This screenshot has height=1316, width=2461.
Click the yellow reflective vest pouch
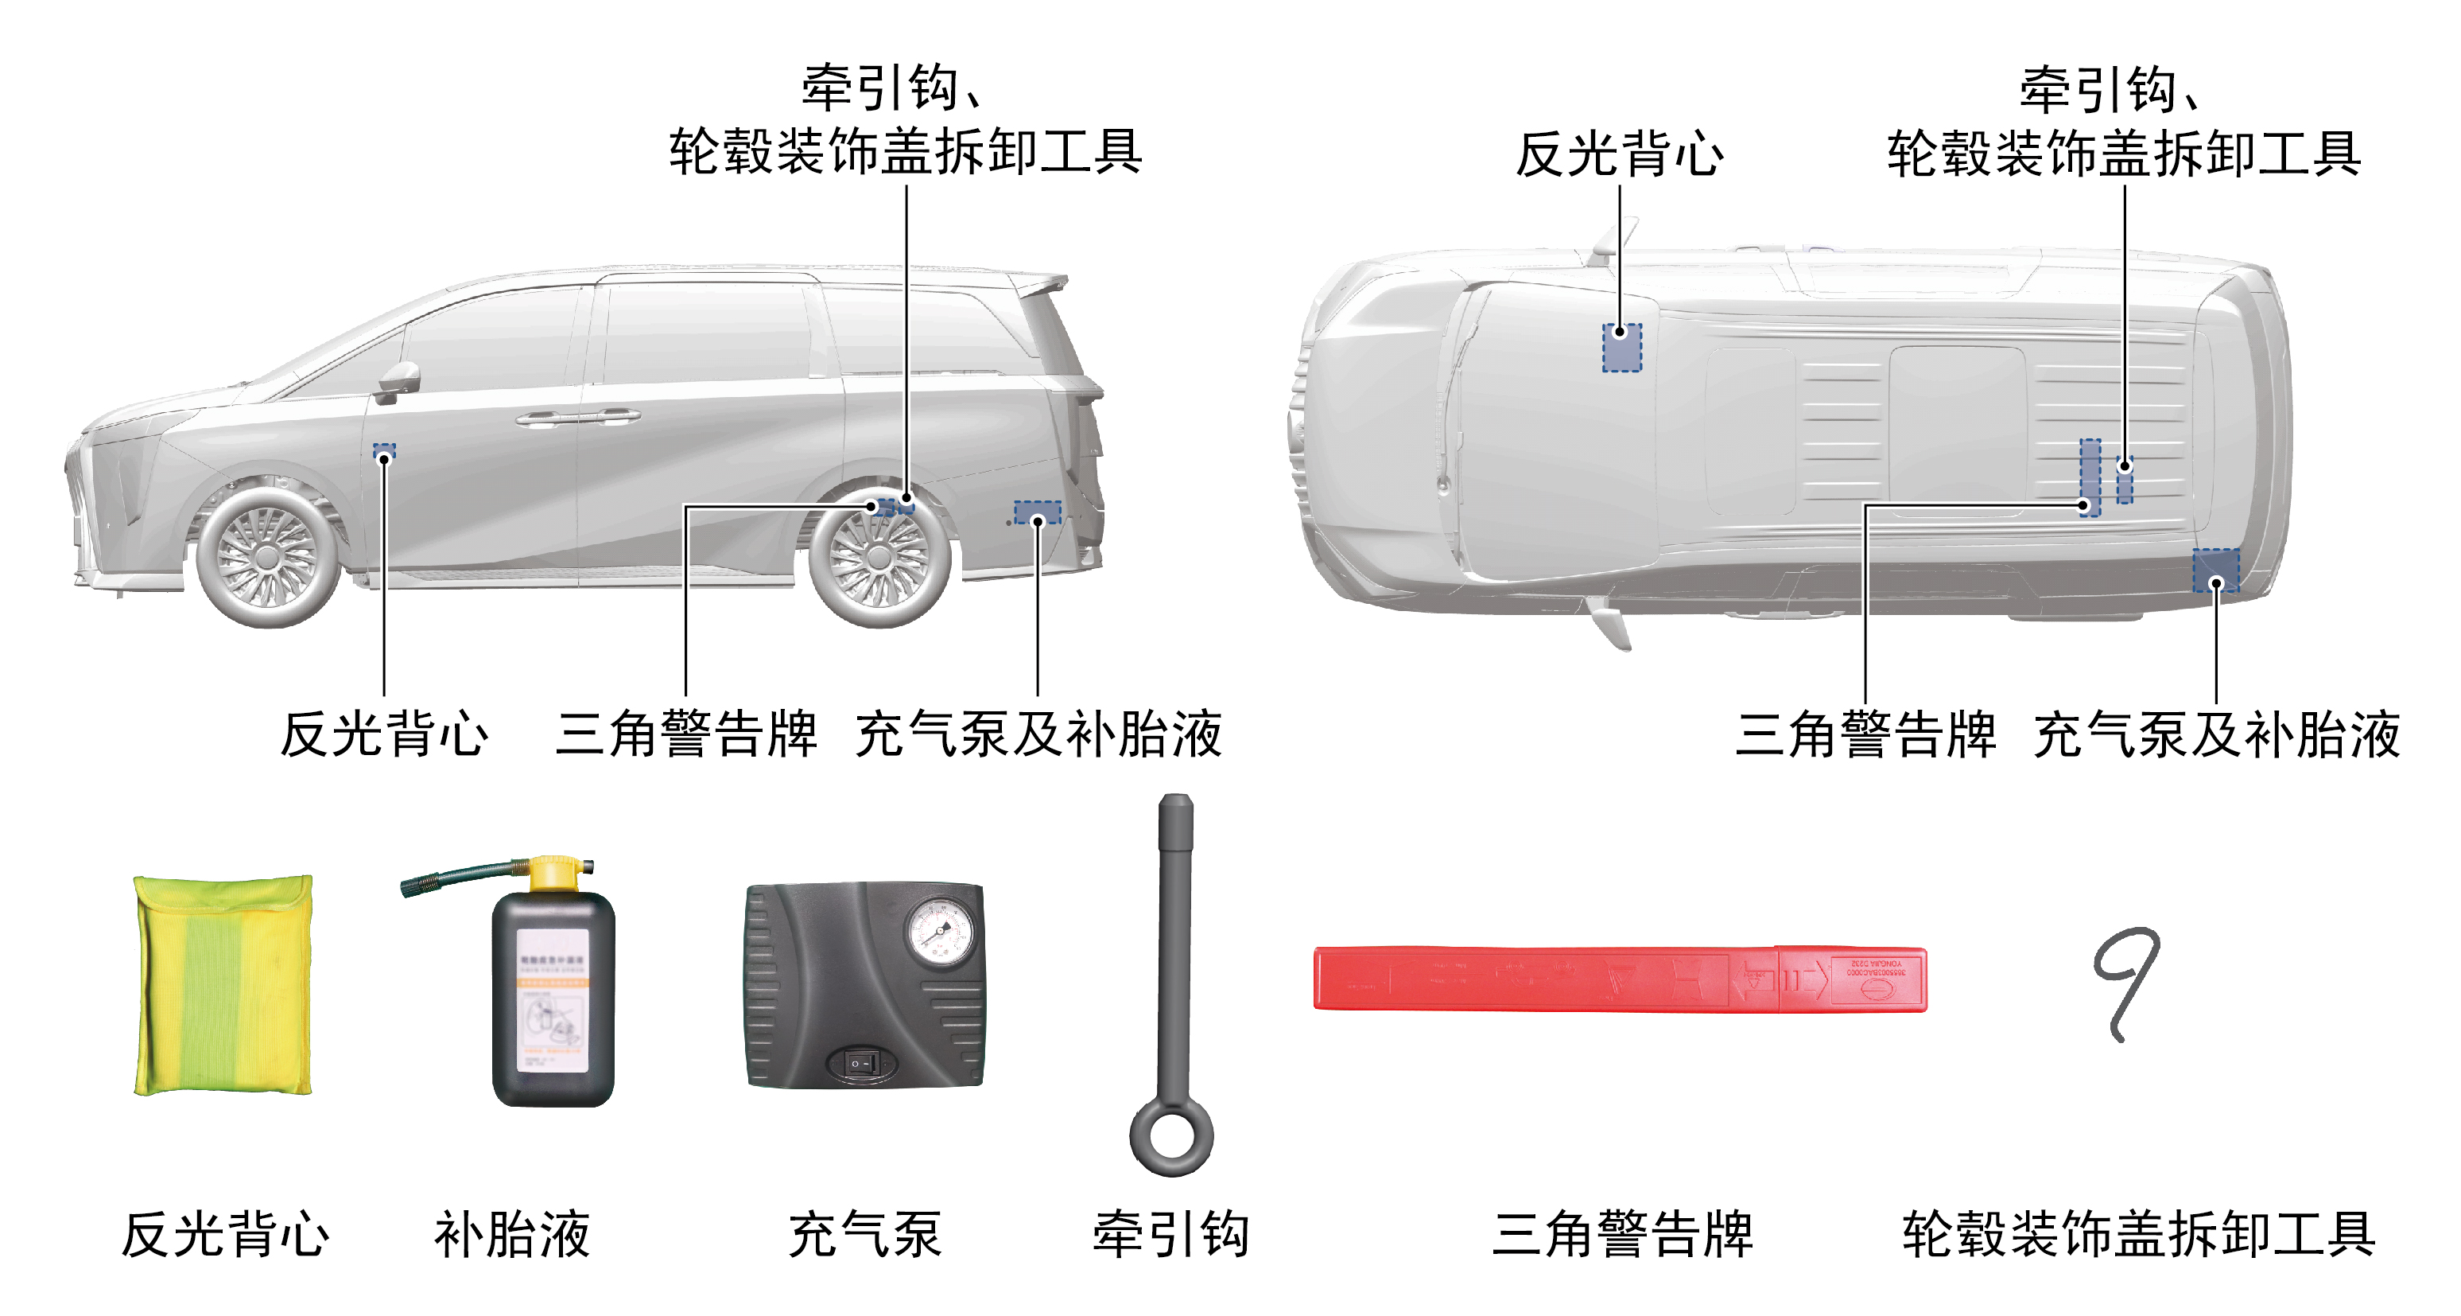pos(223,984)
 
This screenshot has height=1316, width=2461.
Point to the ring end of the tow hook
pos(1171,1137)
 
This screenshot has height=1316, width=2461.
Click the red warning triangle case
pos(1620,979)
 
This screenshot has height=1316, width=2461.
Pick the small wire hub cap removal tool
pos(2126,979)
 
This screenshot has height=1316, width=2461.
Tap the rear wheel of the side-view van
pos(879,557)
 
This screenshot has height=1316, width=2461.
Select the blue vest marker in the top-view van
pos(1621,347)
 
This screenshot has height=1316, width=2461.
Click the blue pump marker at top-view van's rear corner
pos(2215,570)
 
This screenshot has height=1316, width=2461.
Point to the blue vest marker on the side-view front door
pos(384,450)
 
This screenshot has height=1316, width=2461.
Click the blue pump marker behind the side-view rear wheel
pos(1038,512)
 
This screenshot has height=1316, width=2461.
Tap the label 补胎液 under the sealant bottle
pos(512,1234)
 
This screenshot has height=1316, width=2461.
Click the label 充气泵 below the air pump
pos(864,1234)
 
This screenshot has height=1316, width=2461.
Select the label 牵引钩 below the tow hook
pos(1171,1234)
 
